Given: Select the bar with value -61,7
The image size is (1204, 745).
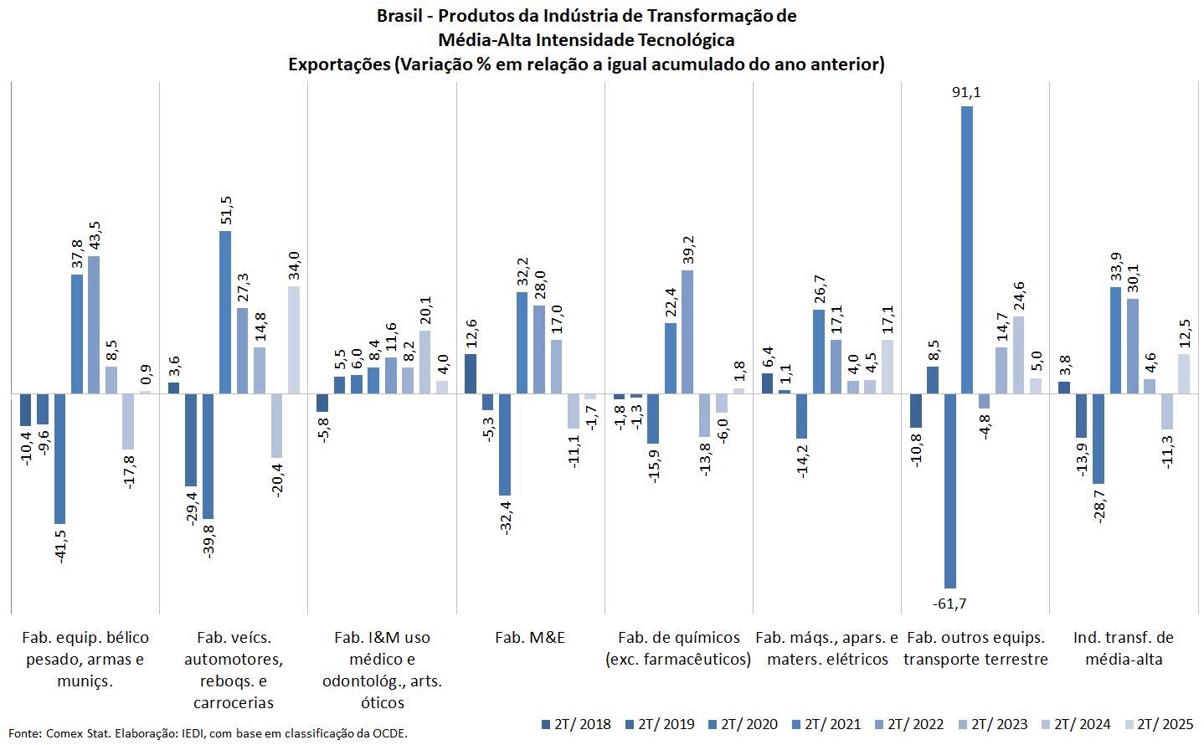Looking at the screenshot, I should pyautogui.click(x=949, y=491).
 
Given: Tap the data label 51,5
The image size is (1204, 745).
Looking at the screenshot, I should pyautogui.click(x=226, y=211).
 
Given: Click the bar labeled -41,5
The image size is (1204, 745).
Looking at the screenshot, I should pyautogui.click(x=59, y=459).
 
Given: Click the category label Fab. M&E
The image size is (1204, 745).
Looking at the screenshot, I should pyautogui.click(x=530, y=638).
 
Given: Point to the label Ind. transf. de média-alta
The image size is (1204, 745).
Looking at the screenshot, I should pyautogui.click(x=1124, y=648).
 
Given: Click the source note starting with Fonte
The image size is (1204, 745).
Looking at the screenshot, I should pyautogui.click(x=208, y=733).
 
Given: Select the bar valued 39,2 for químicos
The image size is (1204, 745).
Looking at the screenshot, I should pyautogui.click(x=687, y=331).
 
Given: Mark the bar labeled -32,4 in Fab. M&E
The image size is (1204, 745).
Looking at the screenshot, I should pyautogui.click(x=505, y=444).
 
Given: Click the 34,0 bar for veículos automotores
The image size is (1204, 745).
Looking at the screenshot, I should pyautogui.click(x=294, y=340).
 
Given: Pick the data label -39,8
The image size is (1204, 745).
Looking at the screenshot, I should pyautogui.click(x=208, y=541).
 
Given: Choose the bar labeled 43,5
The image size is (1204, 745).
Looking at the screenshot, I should pyautogui.click(x=94, y=325).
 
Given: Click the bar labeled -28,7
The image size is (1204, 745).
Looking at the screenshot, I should pyautogui.click(x=1099, y=439).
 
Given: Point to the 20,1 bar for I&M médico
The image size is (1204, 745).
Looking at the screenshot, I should pyautogui.click(x=425, y=362).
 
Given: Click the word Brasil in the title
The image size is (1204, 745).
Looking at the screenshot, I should pyautogui.click(x=399, y=16).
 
